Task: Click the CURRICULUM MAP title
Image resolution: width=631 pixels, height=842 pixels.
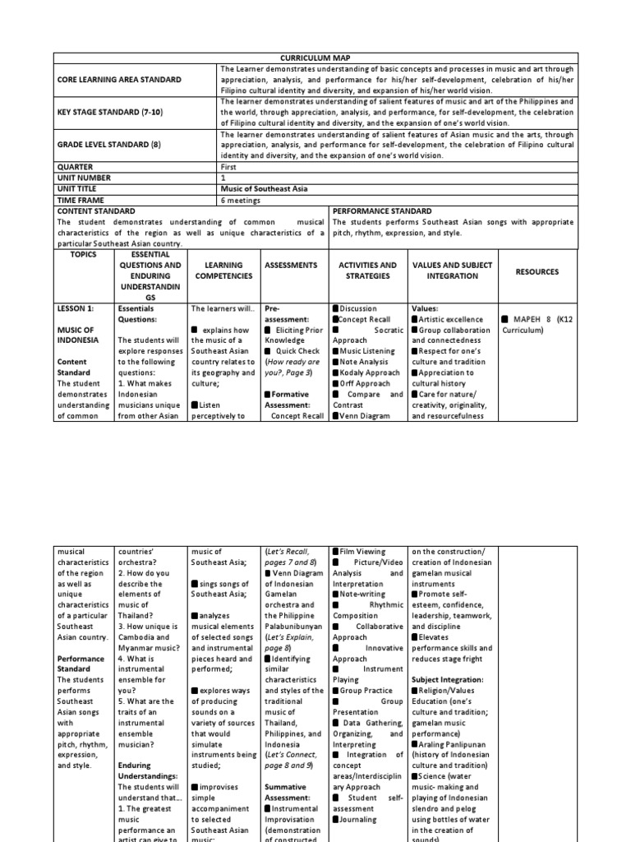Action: [x=315, y=58]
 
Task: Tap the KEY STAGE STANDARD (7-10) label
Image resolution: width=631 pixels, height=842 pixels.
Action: [x=111, y=111]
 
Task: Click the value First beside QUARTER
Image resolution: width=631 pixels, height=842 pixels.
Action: [x=228, y=166]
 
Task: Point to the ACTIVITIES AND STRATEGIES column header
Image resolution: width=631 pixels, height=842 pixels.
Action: [x=367, y=271]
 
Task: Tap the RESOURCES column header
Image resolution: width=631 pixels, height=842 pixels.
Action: [x=537, y=271]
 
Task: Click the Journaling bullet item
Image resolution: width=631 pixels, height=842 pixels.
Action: [x=356, y=819]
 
